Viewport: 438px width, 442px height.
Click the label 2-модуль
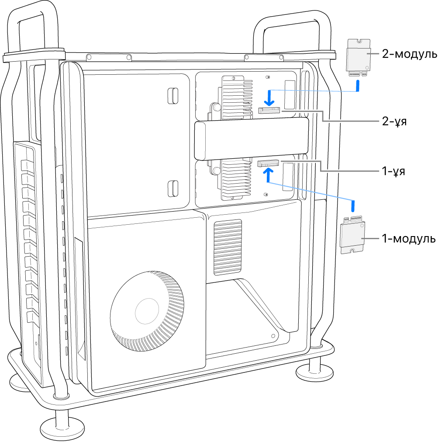click(x=408, y=54)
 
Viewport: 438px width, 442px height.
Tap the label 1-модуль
click(x=408, y=239)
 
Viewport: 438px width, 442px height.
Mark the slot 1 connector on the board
click(x=269, y=164)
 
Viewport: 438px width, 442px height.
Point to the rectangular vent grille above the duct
click(x=228, y=247)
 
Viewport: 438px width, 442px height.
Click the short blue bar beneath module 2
click(x=358, y=86)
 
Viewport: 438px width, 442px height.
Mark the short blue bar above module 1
click(x=353, y=205)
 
